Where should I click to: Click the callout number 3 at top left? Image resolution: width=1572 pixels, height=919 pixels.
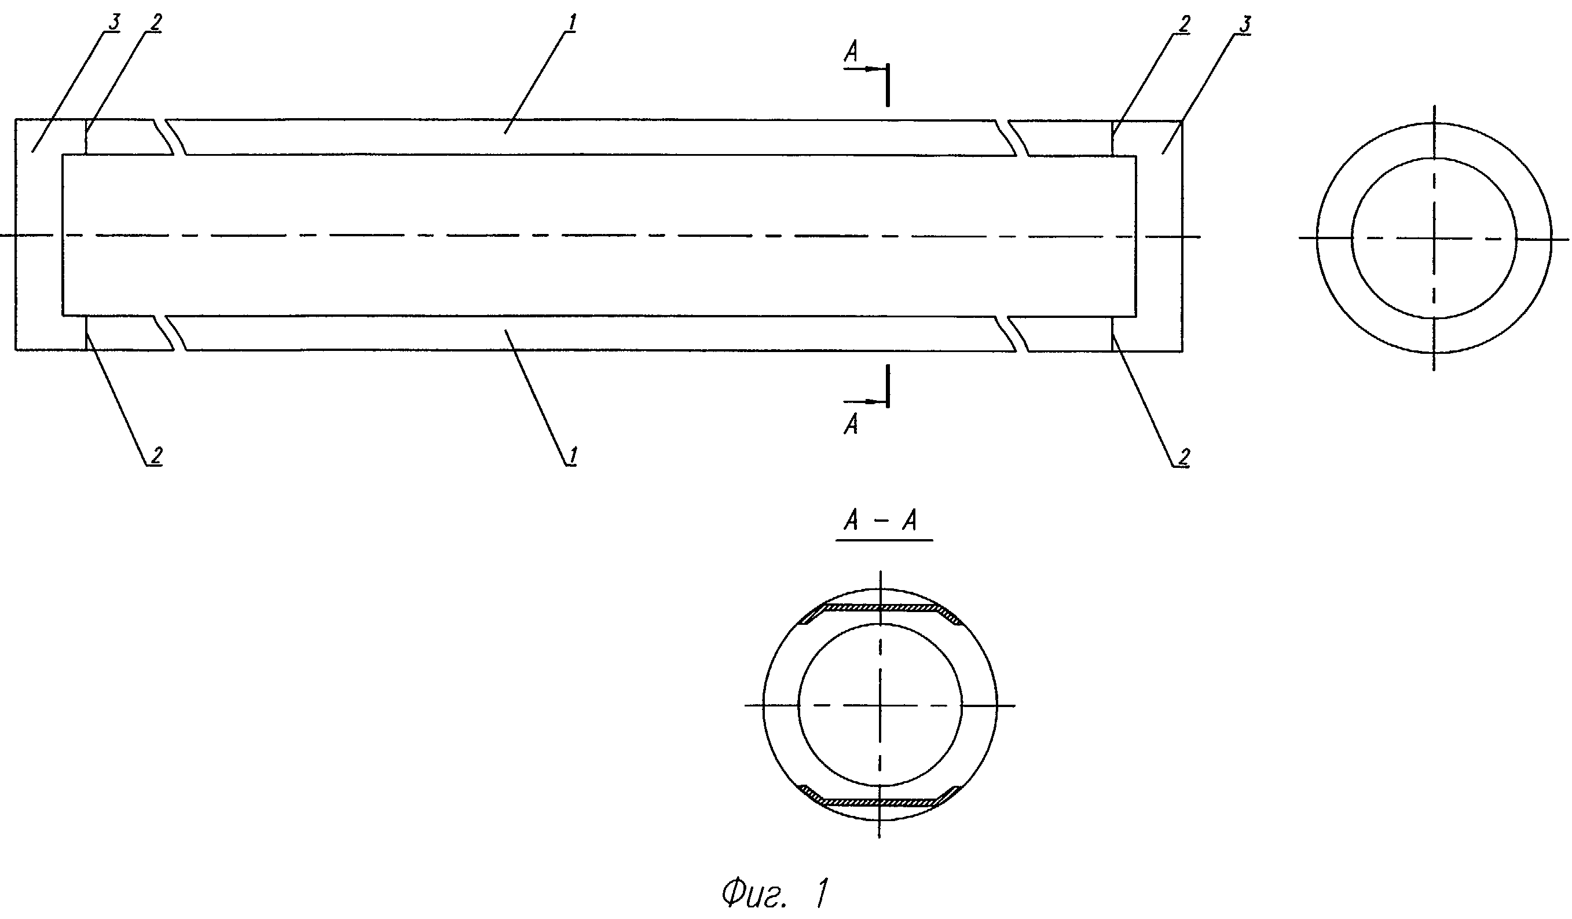113,21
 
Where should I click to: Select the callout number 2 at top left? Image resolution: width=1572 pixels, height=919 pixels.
156,22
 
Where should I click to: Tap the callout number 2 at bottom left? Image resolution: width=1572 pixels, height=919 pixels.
156,455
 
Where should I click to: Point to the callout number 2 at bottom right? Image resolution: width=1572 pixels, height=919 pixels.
1185,457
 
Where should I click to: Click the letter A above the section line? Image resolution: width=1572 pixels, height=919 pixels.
851,52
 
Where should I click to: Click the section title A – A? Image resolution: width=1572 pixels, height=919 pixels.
881,519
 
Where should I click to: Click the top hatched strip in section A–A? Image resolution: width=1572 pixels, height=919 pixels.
880,607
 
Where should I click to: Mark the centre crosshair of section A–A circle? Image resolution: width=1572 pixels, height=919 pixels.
880,706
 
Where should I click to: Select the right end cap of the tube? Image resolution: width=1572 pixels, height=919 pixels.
1159,236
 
